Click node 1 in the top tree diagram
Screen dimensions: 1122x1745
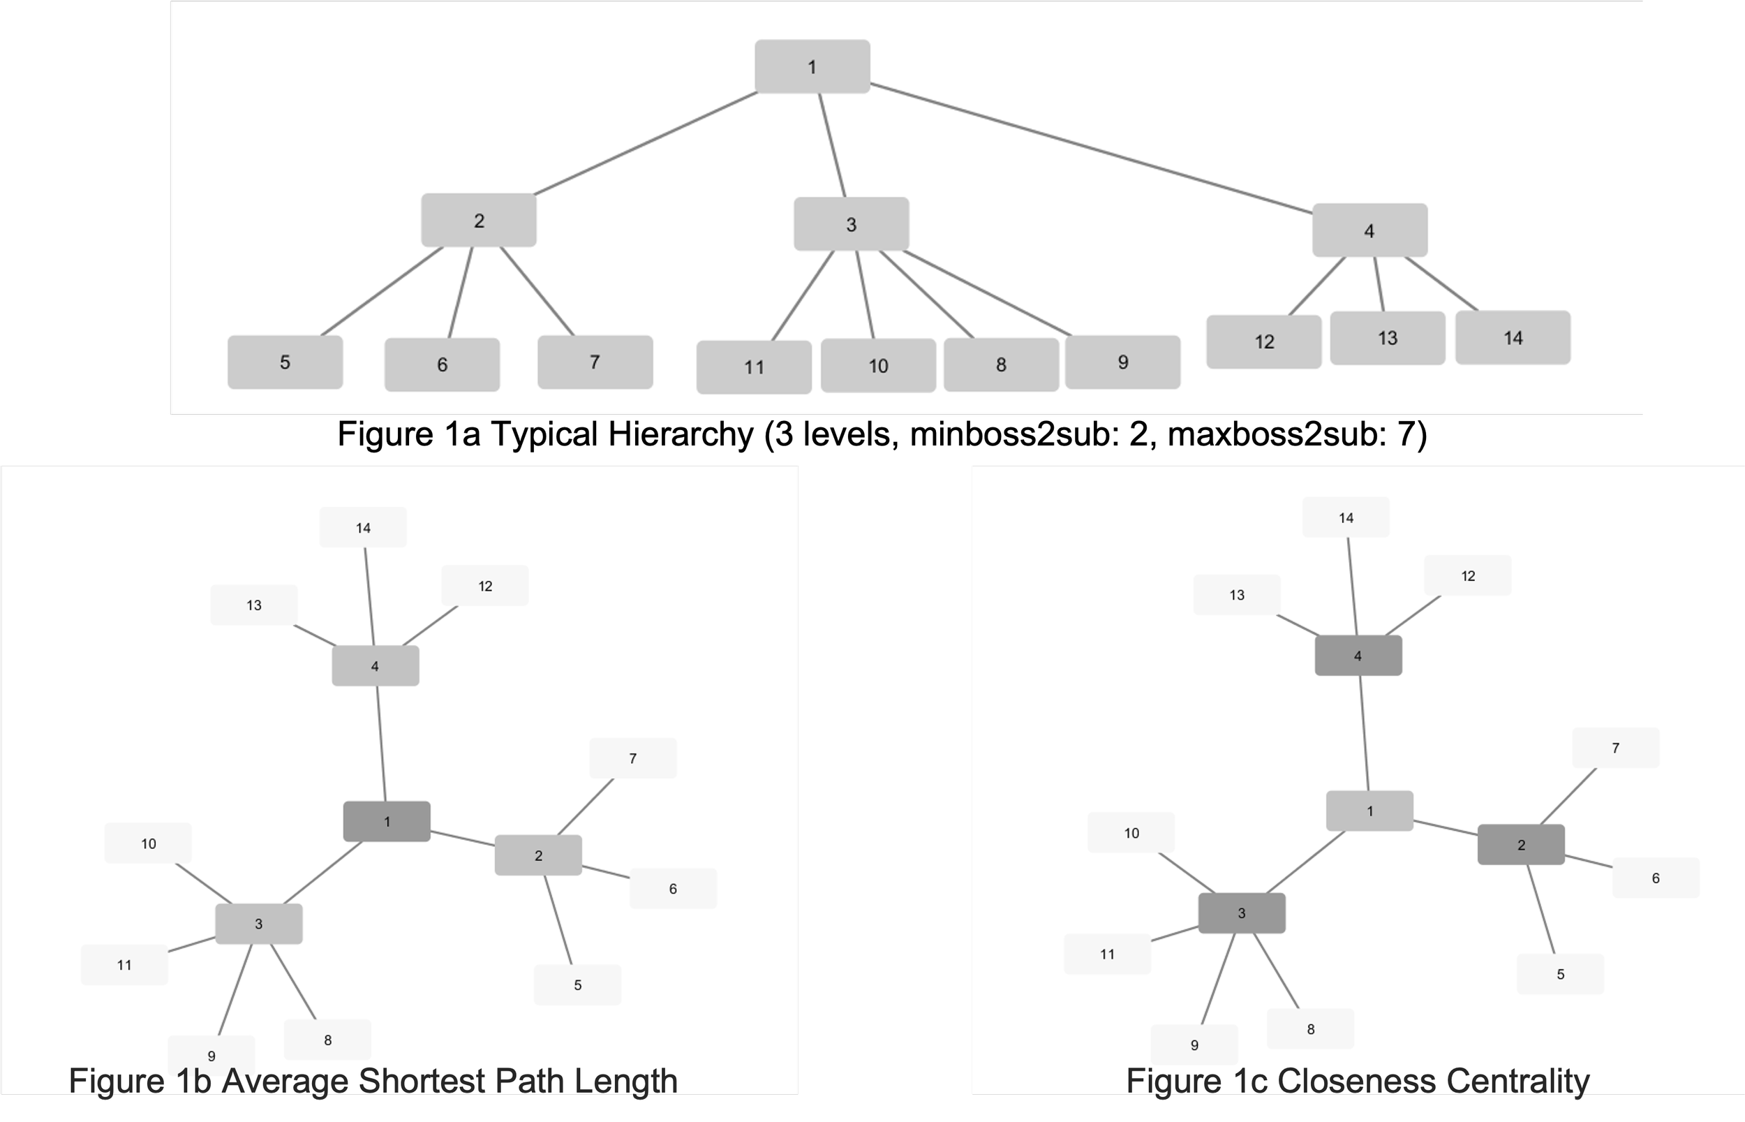[812, 67]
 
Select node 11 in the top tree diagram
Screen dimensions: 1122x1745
[754, 367]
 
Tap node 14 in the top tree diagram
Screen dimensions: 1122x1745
[1513, 338]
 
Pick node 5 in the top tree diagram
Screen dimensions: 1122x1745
[285, 362]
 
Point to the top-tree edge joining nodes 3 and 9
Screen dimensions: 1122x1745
[987, 293]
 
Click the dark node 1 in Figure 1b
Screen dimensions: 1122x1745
[387, 822]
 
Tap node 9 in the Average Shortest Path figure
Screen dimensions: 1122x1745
[211, 1055]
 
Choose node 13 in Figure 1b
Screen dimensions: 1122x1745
[253, 605]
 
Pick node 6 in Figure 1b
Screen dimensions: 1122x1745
[673, 889]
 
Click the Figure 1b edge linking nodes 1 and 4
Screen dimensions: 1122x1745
[380, 743]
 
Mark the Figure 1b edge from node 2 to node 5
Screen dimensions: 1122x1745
[558, 920]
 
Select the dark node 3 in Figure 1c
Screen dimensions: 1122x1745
[1242, 913]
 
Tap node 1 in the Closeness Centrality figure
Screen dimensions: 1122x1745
[1369, 811]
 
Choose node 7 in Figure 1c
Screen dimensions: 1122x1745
[1615, 748]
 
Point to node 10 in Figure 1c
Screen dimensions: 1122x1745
[1131, 833]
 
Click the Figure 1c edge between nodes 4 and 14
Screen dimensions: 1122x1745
[1353, 586]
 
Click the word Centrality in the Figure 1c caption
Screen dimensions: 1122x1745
[1507, 1081]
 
